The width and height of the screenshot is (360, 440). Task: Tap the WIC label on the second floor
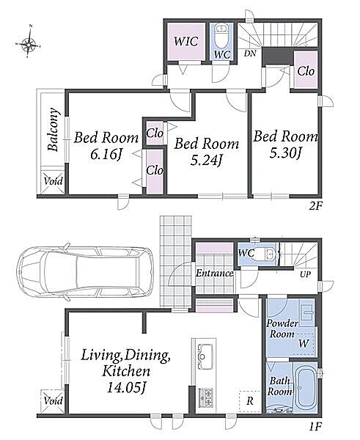pos(186,41)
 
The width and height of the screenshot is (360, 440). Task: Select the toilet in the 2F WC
pos(221,36)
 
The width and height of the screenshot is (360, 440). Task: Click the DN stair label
pos(250,53)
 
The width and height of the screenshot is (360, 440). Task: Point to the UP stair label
pos(305,274)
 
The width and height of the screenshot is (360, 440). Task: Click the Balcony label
pos(54,130)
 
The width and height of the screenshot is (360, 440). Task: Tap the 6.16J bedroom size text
pos(106,155)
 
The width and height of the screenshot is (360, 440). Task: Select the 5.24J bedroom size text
pos(206,160)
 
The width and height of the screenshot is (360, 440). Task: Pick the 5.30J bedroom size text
pos(285,153)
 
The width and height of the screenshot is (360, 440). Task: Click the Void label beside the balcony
pos(53,181)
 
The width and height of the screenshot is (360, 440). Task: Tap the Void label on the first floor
pos(53,400)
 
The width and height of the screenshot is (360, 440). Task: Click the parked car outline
pos(85,272)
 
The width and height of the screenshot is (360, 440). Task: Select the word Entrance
pos(214,273)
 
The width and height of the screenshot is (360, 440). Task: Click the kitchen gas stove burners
pos(206,397)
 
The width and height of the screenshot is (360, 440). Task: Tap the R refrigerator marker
pos(250,400)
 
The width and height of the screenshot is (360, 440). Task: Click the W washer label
pos(304,343)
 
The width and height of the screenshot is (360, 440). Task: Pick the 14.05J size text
pos(126,388)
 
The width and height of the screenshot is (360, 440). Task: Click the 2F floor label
pos(315,207)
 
